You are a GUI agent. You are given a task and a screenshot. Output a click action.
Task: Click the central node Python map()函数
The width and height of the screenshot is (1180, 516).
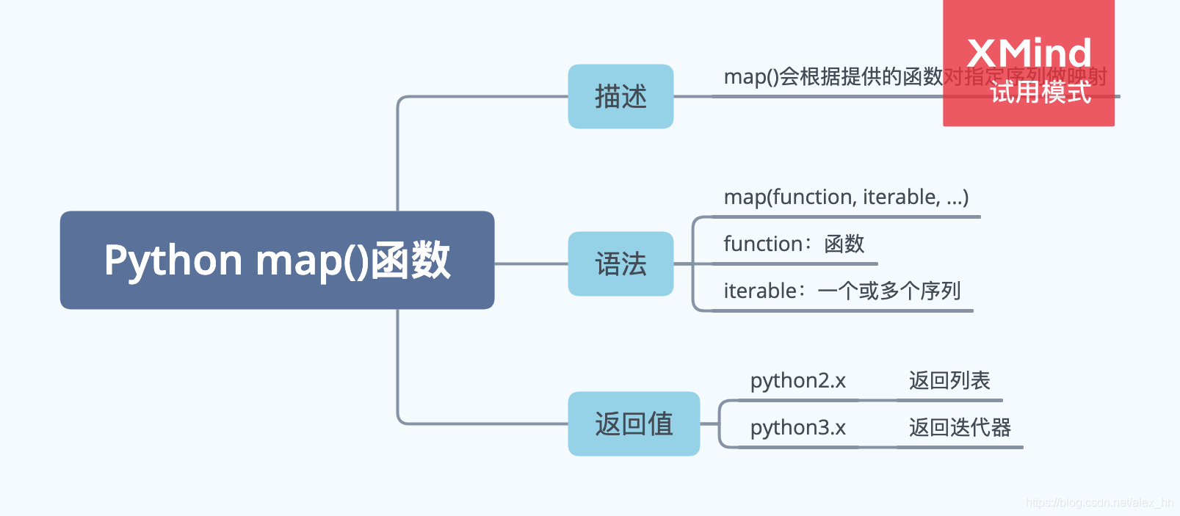pyautogui.click(x=277, y=260)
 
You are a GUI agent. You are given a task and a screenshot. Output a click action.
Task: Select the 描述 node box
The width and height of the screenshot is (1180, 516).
pyautogui.click(x=620, y=96)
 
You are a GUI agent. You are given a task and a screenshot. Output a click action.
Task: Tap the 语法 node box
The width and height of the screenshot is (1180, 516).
pyautogui.click(x=620, y=264)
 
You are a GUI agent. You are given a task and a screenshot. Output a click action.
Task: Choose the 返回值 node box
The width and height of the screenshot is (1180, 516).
pyautogui.click(x=634, y=424)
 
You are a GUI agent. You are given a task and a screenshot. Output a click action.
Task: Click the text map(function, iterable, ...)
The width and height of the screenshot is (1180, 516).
pyautogui.click(x=846, y=197)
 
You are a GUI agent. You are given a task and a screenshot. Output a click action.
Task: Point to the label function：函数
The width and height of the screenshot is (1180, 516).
pyautogui.click(x=794, y=244)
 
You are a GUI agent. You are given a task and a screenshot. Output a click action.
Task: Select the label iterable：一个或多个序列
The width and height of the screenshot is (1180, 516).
pyautogui.click(x=841, y=291)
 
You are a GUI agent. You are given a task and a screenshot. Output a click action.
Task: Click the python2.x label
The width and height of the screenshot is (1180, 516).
pyautogui.click(x=797, y=380)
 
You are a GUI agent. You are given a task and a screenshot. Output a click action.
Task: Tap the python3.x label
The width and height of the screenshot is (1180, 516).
pyautogui.click(x=797, y=427)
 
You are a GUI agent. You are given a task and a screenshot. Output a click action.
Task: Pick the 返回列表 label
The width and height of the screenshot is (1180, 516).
pyautogui.click(x=949, y=380)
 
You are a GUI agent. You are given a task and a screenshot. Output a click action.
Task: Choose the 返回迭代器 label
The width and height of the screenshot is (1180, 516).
pyautogui.click(x=959, y=427)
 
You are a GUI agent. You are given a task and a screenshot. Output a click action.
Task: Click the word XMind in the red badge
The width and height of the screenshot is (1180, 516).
pyautogui.click(x=1029, y=53)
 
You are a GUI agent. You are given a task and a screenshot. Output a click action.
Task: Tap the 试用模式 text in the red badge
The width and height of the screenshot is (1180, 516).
pyautogui.click(x=1040, y=93)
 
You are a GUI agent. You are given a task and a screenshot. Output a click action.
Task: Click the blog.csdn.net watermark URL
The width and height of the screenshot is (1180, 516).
pyautogui.click(x=1098, y=503)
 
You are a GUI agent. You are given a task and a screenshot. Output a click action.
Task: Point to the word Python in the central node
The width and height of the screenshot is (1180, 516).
pyautogui.click(x=173, y=260)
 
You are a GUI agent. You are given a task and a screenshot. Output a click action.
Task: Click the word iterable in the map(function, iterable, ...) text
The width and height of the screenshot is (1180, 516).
pyautogui.click(x=901, y=197)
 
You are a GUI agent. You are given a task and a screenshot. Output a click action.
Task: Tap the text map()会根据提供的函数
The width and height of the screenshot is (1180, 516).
pyautogui.click(x=833, y=76)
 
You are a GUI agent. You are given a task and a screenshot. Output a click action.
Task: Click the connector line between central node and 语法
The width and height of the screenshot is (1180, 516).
pyautogui.click(x=530, y=264)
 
